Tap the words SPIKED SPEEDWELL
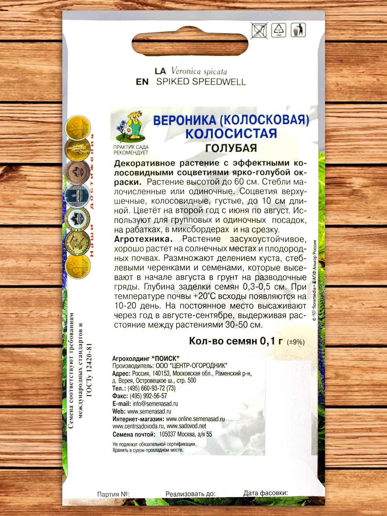point(201,82)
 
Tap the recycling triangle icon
point(279,30)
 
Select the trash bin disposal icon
point(297,30)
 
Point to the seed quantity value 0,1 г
point(271,341)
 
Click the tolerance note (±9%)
point(295,342)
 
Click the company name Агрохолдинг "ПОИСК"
point(146,358)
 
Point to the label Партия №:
point(113,494)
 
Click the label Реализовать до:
point(190,494)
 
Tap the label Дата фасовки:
point(265,493)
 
